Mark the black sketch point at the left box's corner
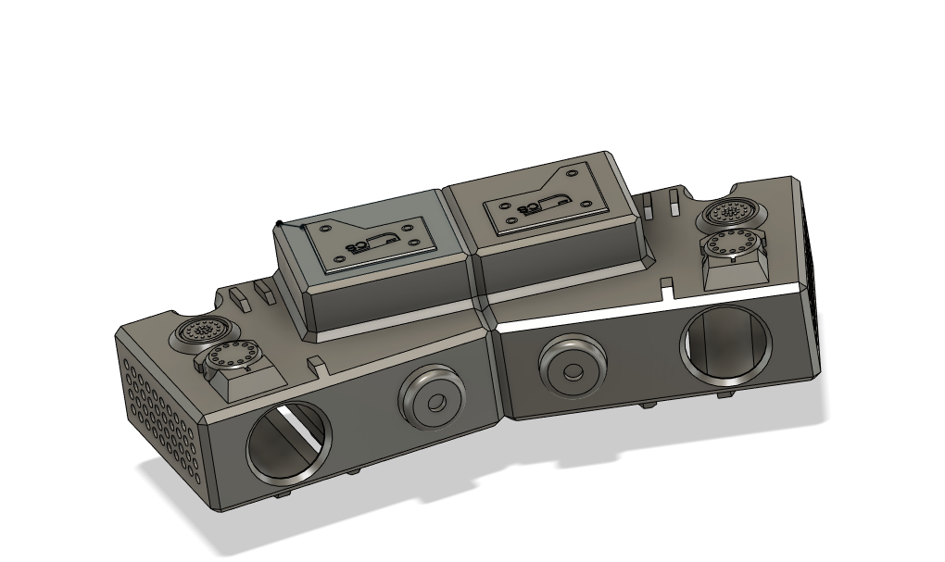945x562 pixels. click(x=280, y=222)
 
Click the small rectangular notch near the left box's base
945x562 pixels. click(x=316, y=362)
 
